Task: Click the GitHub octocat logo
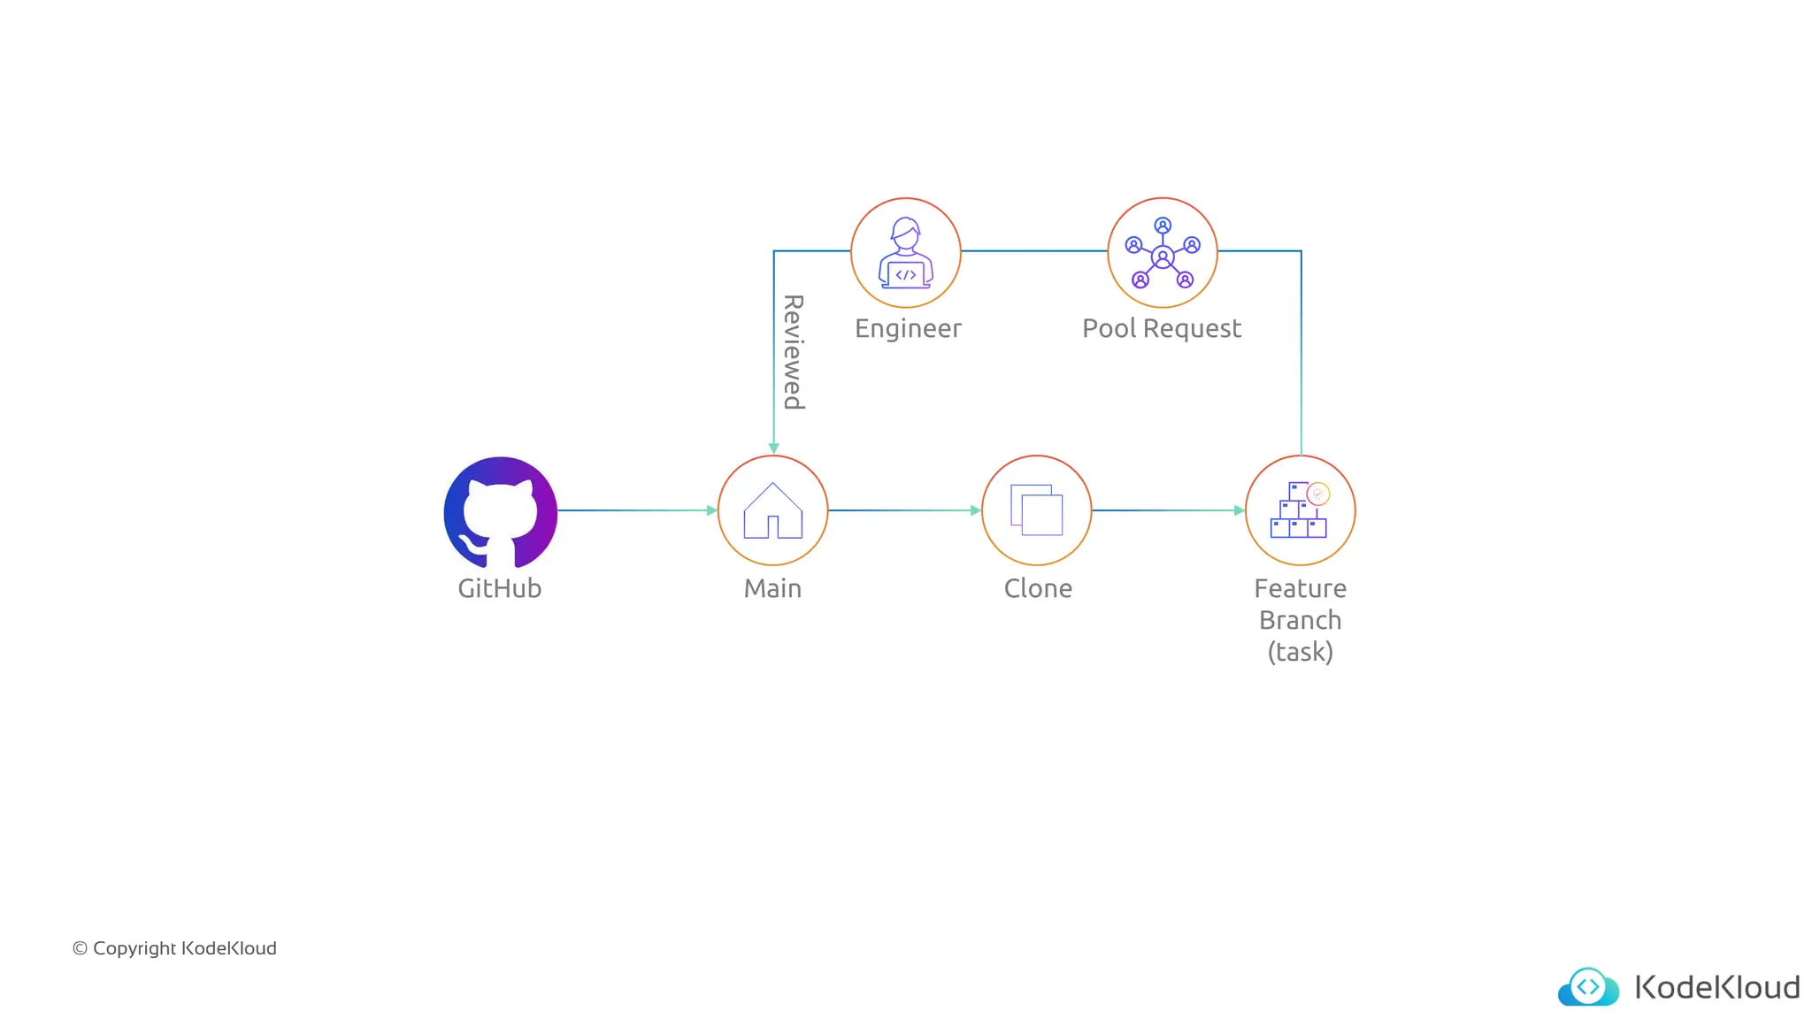[500, 512]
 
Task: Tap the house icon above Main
[772, 510]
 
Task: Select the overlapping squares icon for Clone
[1036, 510]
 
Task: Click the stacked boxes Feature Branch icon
[1300, 510]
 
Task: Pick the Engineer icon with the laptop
[906, 253]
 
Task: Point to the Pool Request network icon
[1163, 253]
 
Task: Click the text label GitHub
[499, 588]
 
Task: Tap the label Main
[772, 588]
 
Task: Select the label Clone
[1038, 588]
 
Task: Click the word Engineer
[908, 328]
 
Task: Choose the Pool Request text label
[1162, 328]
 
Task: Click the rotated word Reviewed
[794, 352]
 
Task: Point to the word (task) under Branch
[1300, 652]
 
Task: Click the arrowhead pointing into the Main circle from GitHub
[711, 510]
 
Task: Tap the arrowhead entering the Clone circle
[975, 510]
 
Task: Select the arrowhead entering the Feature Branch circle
[1239, 510]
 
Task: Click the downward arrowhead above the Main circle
[774, 448]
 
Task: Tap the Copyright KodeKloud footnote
[174, 948]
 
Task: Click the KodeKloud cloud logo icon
[1588, 986]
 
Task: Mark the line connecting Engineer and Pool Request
[1033, 251]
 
